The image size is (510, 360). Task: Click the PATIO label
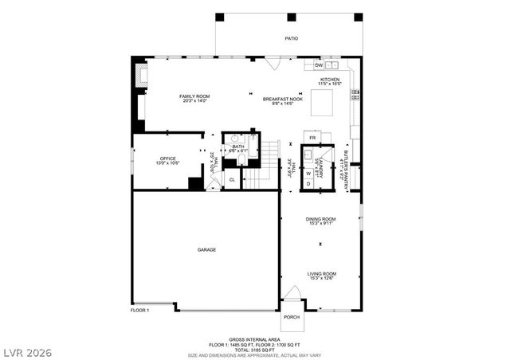(292, 37)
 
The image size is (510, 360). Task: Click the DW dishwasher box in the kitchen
(318, 65)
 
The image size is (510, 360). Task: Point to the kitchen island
(321, 103)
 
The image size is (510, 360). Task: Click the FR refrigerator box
(312, 138)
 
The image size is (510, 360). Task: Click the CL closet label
(232, 180)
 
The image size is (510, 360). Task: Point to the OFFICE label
(167, 160)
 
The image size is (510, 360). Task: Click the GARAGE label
(206, 249)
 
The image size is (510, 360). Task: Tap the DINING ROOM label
(320, 220)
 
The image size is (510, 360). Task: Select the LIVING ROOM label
(321, 275)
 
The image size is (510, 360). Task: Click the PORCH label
(291, 317)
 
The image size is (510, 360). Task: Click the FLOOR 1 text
(140, 309)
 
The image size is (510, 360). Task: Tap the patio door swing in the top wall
(272, 62)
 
